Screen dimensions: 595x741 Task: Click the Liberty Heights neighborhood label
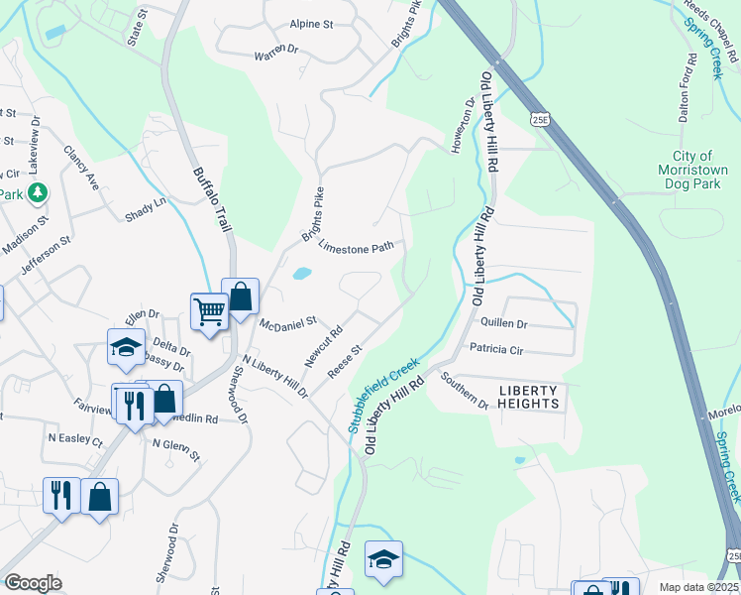pos(529,396)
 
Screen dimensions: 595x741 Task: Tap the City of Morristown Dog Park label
pos(692,172)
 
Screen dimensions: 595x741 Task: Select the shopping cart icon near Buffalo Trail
pos(210,311)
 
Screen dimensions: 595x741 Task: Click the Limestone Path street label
pos(351,247)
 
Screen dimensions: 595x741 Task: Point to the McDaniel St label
pos(286,322)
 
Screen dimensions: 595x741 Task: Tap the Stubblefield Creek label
pos(384,396)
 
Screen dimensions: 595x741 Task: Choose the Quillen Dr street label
pos(503,323)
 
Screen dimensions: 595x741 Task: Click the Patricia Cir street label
pos(495,350)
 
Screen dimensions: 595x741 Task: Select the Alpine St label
pos(311,24)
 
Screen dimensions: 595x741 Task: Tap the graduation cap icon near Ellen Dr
pos(127,347)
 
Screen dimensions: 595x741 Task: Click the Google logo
pos(33,583)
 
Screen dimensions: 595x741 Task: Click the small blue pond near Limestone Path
pos(302,273)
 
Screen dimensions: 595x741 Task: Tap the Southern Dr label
pos(466,391)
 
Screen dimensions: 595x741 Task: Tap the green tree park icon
pos(38,191)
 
